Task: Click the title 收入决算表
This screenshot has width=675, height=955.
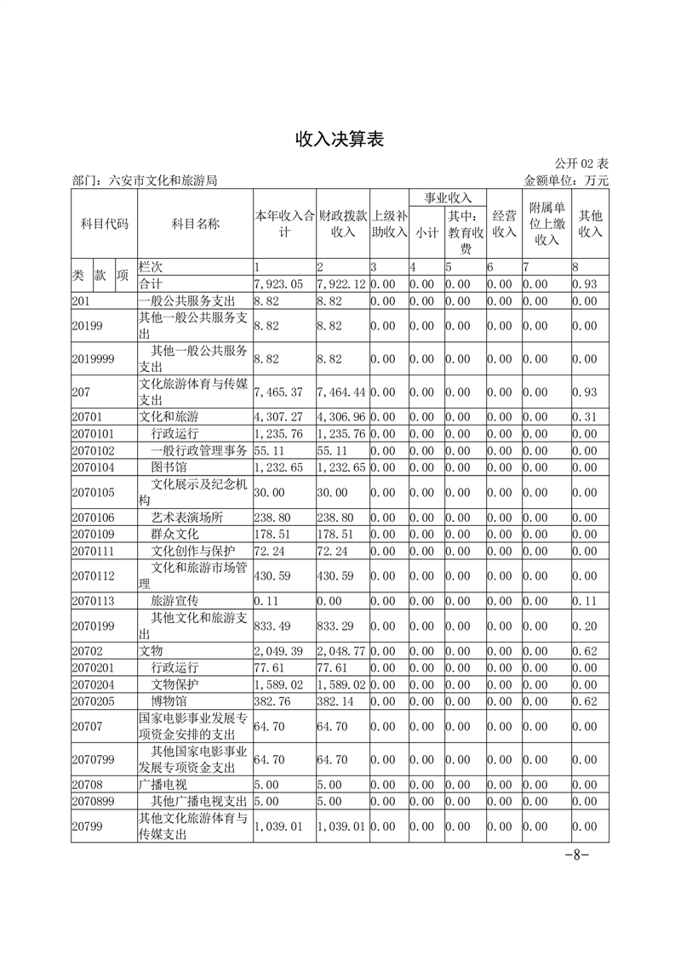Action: tap(340, 140)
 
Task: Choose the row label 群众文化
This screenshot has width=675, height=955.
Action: tap(174, 534)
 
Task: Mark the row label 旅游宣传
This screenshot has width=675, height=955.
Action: tap(174, 601)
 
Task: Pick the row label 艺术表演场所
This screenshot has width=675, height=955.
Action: tap(186, 517)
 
